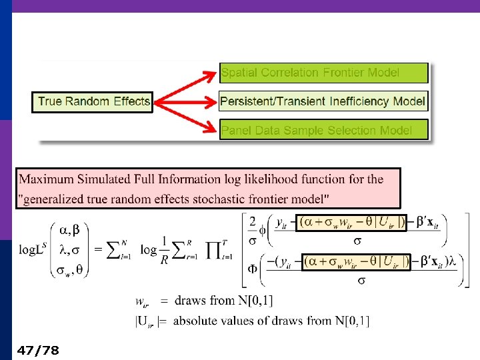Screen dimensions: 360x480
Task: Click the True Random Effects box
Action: [x=93, y=102]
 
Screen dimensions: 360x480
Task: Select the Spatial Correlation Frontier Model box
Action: [x=323, y=73]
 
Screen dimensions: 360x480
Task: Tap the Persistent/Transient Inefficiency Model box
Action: [x=323, y=101]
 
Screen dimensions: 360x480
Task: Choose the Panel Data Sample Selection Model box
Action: [x=323, y=130]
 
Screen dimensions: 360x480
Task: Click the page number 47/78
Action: [x=39, y=350]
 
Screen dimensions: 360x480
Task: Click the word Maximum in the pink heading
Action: [x=46, y=179]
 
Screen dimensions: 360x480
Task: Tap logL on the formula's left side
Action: [x=31, y=250]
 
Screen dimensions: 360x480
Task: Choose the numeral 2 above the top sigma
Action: [x=253, y=222]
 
